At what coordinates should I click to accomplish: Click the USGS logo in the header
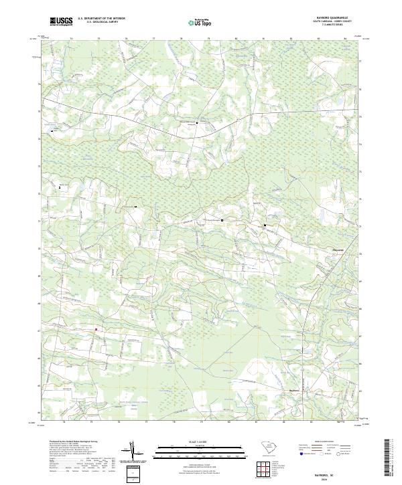click(61, 22)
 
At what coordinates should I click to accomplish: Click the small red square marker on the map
click(96, 329)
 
